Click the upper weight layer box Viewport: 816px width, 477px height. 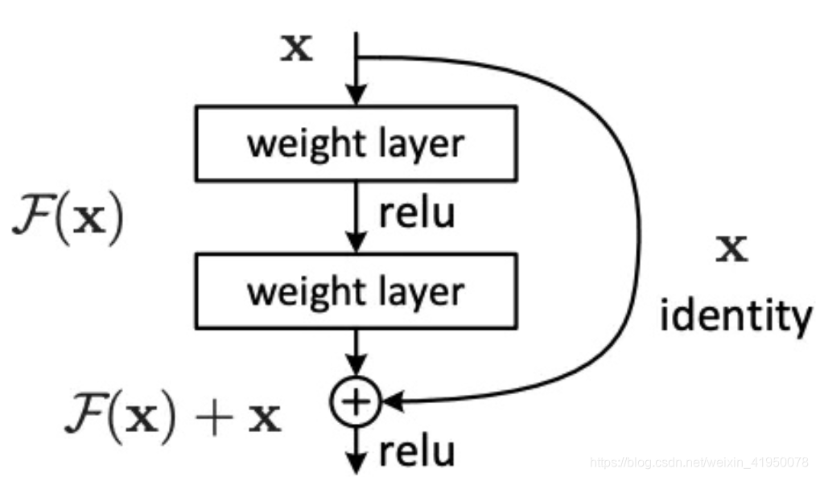tap(355, 143)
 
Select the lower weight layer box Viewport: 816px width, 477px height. tap(355, 291)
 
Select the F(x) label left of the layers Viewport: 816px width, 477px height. tap(68, 220)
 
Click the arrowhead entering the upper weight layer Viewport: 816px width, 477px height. tap(355, 97)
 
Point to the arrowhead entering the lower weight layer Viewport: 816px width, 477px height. tap(355, 245)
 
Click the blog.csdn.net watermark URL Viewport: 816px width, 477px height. tap(699, 463)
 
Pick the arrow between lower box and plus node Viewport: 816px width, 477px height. tap(355, 354)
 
